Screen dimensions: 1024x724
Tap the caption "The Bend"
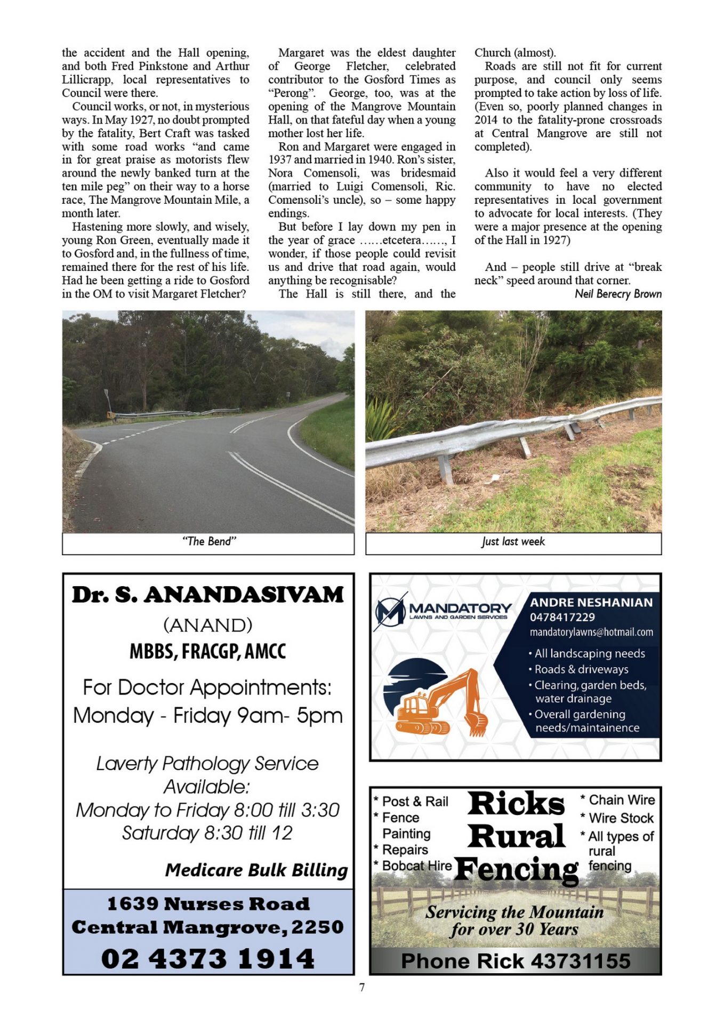(208, 541)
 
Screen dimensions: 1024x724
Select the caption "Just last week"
(513, 542)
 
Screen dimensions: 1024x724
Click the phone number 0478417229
(562, 617)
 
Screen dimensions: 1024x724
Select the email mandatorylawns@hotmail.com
(591, 632)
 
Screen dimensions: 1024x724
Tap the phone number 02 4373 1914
(208, 958)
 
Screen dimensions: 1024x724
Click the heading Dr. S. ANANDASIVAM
(208, 595)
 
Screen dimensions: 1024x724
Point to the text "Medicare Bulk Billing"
(256, 870)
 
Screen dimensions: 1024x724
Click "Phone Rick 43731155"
(515, 961)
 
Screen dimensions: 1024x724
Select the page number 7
(362, 987)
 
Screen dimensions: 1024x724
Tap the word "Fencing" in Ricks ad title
(516, 869)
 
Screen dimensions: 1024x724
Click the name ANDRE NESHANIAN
(591, 602)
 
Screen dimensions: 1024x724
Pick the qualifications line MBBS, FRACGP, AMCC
(208, 651)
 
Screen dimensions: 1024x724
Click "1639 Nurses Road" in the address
(208, 903)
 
